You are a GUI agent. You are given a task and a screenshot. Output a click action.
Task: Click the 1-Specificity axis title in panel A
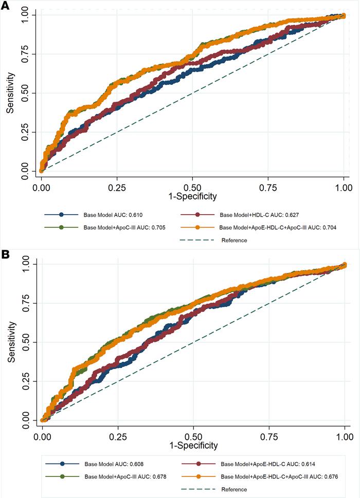coord(193,196)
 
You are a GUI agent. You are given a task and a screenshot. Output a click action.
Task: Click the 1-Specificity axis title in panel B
coord(193,445)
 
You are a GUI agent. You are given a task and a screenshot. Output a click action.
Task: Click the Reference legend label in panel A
coord(234,240)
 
